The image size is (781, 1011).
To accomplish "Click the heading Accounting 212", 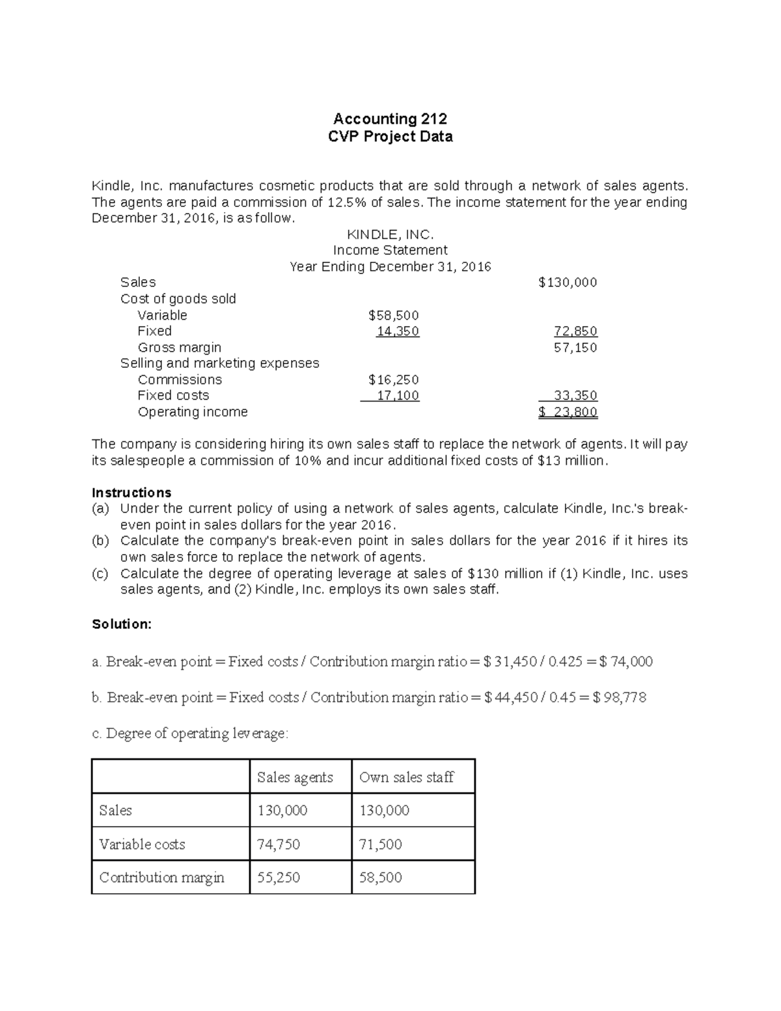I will (390, 118).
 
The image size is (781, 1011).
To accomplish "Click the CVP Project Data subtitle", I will (390, 136).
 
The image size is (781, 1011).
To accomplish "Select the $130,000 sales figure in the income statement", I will (568, 283).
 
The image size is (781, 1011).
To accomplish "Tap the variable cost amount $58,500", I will (393, 315).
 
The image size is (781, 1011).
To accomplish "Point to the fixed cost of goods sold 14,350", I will (398, 331).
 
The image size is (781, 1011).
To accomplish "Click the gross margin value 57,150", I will (575, 348).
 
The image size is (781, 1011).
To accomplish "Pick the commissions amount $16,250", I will (393, 380).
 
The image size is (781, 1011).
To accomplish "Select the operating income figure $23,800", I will (568, 412).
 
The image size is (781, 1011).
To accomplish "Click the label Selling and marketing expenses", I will (219, 363).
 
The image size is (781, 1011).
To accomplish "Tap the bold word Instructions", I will (131, 492).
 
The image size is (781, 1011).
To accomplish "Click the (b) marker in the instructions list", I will (100, 541).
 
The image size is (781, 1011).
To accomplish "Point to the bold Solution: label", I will (122, 624).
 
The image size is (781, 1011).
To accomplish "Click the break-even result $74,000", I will (625, 662).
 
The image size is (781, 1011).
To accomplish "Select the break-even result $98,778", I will (620, 698).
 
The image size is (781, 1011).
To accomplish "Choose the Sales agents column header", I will (295, 777).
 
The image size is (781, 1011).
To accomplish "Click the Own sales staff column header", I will (406, 777).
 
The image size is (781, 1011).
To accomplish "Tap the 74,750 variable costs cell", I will (279, 844).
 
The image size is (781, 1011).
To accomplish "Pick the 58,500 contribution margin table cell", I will (380, 878).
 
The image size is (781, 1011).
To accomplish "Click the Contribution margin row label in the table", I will (161, 878).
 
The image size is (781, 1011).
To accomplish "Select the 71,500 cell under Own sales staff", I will (380, 844).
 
